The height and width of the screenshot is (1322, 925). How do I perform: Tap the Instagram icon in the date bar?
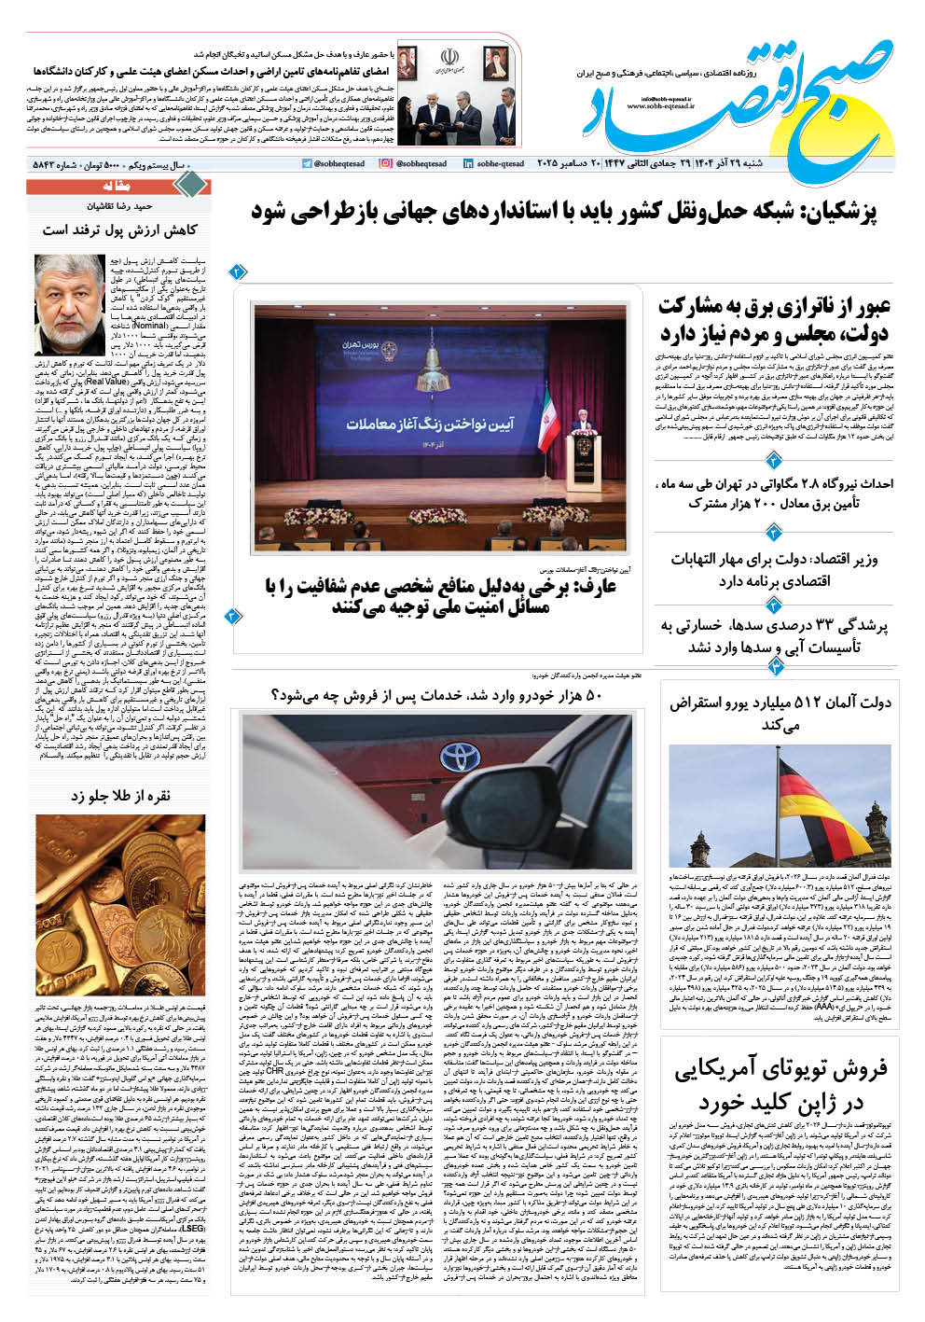click(386, 164)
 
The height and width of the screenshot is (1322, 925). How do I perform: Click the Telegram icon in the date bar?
click(307, 164)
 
